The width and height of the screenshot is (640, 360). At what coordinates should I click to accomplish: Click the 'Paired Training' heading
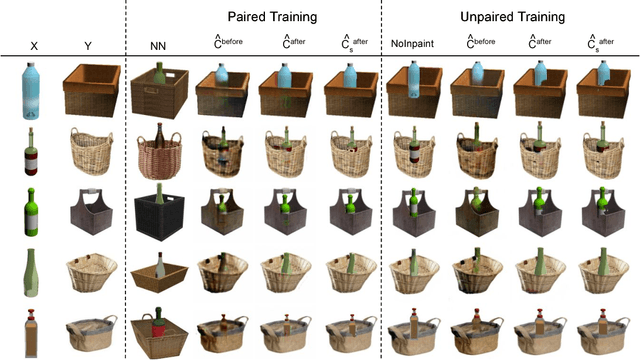click(253, 17)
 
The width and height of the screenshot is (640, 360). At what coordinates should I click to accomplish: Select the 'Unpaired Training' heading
click(510, 17)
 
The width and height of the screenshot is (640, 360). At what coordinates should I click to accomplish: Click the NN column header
click(158, 46)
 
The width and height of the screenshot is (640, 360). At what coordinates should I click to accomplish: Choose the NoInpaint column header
click(413, 46)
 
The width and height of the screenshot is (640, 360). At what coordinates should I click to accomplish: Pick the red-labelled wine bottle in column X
click(32, 152)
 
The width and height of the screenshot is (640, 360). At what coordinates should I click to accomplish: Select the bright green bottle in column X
click(32, 211)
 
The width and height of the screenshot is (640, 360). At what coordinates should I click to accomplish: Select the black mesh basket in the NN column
click(158, 213)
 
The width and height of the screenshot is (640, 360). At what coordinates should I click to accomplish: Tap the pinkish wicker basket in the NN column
click(158, 153)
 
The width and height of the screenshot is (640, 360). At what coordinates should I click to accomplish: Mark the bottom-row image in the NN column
click(158, 331)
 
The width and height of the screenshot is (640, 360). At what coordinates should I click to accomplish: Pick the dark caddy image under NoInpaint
click(414, 213)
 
